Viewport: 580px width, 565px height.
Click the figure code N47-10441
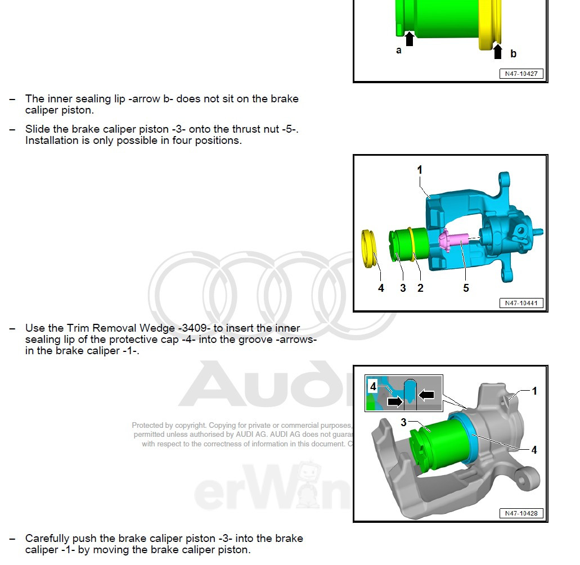click(521, 304)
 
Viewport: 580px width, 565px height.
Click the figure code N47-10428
click(521, 513)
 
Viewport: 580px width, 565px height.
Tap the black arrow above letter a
click(409, 39)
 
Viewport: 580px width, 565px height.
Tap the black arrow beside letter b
click(497, 52)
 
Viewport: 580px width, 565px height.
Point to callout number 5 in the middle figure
click(466, 288)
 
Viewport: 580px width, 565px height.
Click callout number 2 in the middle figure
click(420, 288)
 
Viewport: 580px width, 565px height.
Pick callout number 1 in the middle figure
click(420, 170)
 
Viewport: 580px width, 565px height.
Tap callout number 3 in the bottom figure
click(403, 422)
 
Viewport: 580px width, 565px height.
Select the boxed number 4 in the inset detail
click(372, 386)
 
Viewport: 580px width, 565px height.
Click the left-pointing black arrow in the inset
click(426, 395)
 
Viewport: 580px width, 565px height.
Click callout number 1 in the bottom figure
click(534, 391)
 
